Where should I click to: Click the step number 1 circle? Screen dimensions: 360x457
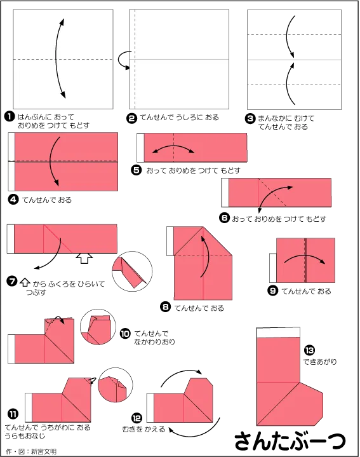click(10, 117)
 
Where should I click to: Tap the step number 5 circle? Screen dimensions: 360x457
click(137, 170)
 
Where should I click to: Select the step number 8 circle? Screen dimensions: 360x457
click(166, 307)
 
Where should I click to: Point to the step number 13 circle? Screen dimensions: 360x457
click(309, 350)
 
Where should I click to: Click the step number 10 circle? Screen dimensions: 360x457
click(125, 333)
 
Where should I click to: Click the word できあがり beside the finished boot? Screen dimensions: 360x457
click(320, 362)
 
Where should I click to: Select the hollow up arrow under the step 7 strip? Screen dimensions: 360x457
click(84, 258)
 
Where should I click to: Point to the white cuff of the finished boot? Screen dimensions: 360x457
click(278, 332)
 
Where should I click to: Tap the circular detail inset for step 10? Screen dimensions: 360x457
click(98, 327)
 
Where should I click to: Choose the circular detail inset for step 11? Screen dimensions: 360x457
click(116, 385)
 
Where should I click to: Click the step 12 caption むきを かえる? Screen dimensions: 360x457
click(143, 429)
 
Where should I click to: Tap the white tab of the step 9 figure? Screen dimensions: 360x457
click(272, 268)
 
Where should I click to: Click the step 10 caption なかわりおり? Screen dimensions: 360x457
click(154, 341)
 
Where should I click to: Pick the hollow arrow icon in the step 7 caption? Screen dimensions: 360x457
click(25, 282)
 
